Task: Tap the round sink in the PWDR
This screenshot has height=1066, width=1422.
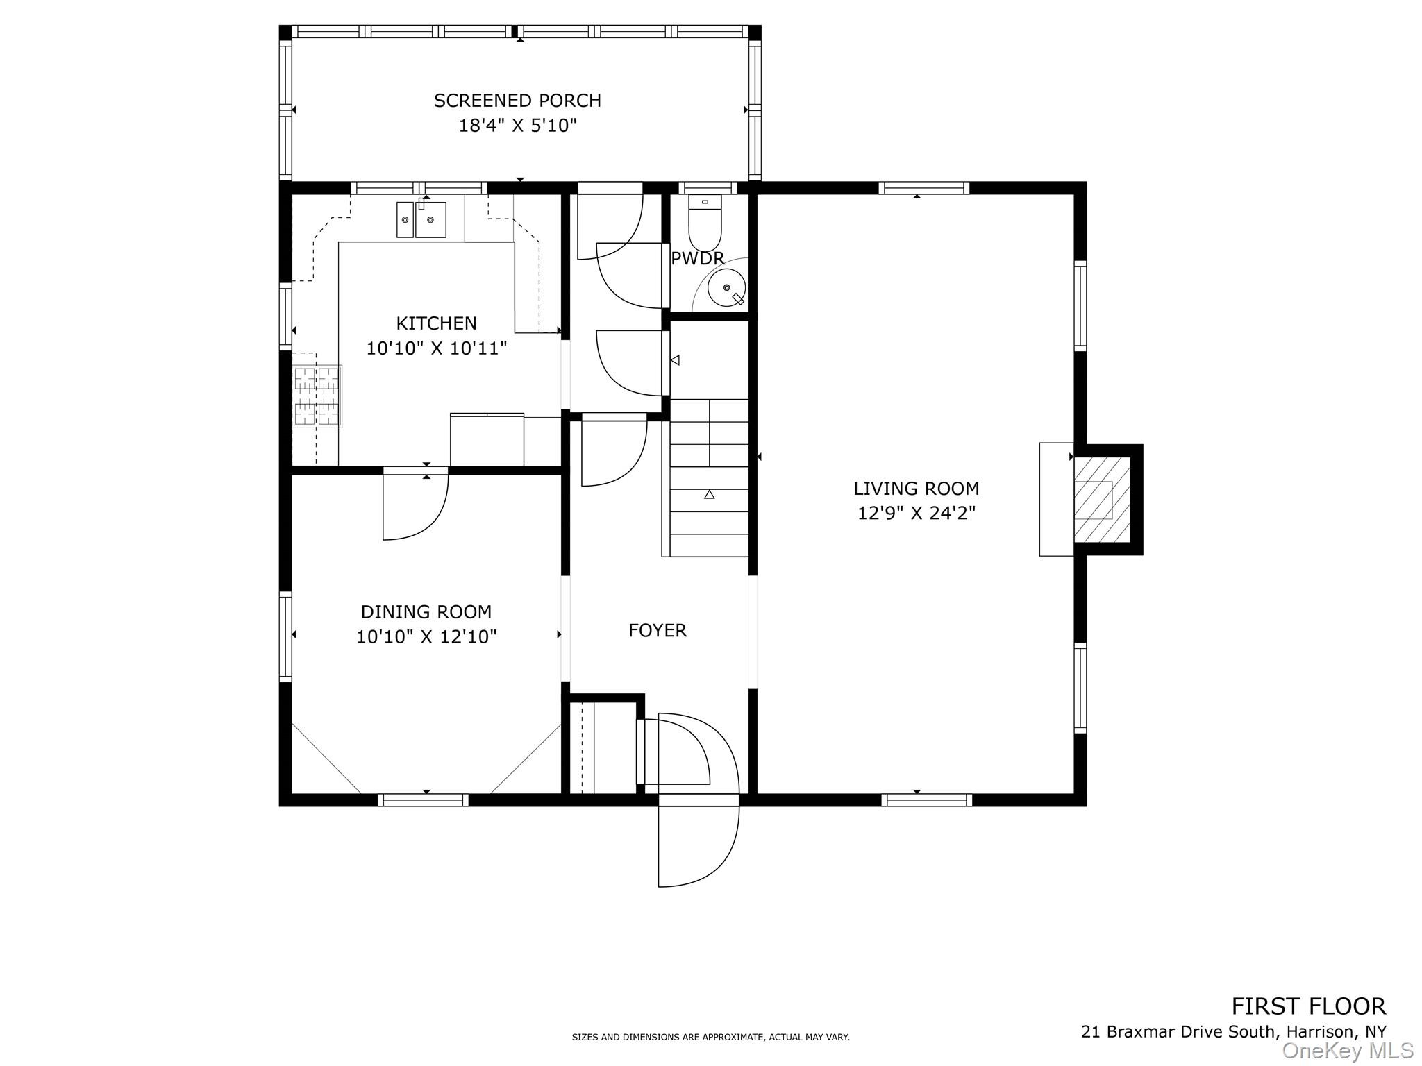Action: tap(726, 287)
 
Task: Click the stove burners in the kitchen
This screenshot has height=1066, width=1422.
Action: tap(317, 396)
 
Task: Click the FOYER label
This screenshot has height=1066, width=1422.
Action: tap(657, 630)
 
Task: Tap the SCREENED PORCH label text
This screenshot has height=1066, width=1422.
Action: tap(517, 101)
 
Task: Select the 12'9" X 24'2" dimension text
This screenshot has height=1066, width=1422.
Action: tap(917, 514)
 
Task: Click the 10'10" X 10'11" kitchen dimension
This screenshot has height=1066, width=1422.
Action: tap(437, 348)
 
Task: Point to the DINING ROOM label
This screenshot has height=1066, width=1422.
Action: tap(426, 612)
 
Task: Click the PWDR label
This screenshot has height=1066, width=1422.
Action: tap(697, 259)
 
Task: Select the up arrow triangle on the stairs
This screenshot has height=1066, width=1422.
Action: tap(709, 494)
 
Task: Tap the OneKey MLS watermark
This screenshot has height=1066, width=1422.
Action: tap(1347, 1051)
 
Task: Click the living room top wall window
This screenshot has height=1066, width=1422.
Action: tap(923, 187)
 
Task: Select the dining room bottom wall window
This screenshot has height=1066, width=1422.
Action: tap(423, 800)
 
